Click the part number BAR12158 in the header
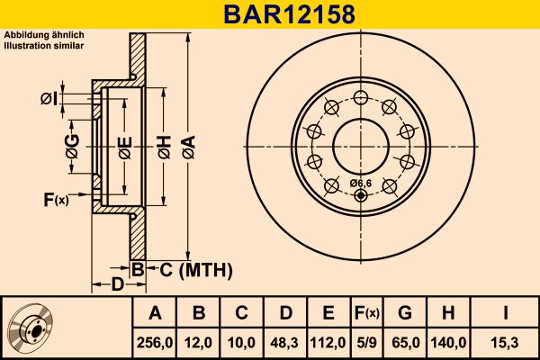pyautogui.click(x=270, y=14)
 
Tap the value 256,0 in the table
pyautogui.click(x=155, y=342)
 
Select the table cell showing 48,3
pyautogui.click(x=284, y=342)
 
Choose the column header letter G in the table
pyautogui.click(x=405, y=314)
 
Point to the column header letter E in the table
pyautogui.click(x=328, y=314)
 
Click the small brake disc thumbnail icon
pyautogui.click(x=31, y=328)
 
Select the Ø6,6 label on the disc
pyautogui.click(x=361, y=184)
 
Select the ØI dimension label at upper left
pyautogui.click(x=49, y=98)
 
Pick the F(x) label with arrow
pyautogui.click(x=55, y=199)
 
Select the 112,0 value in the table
pyautogui.click(x=328, y=342)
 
